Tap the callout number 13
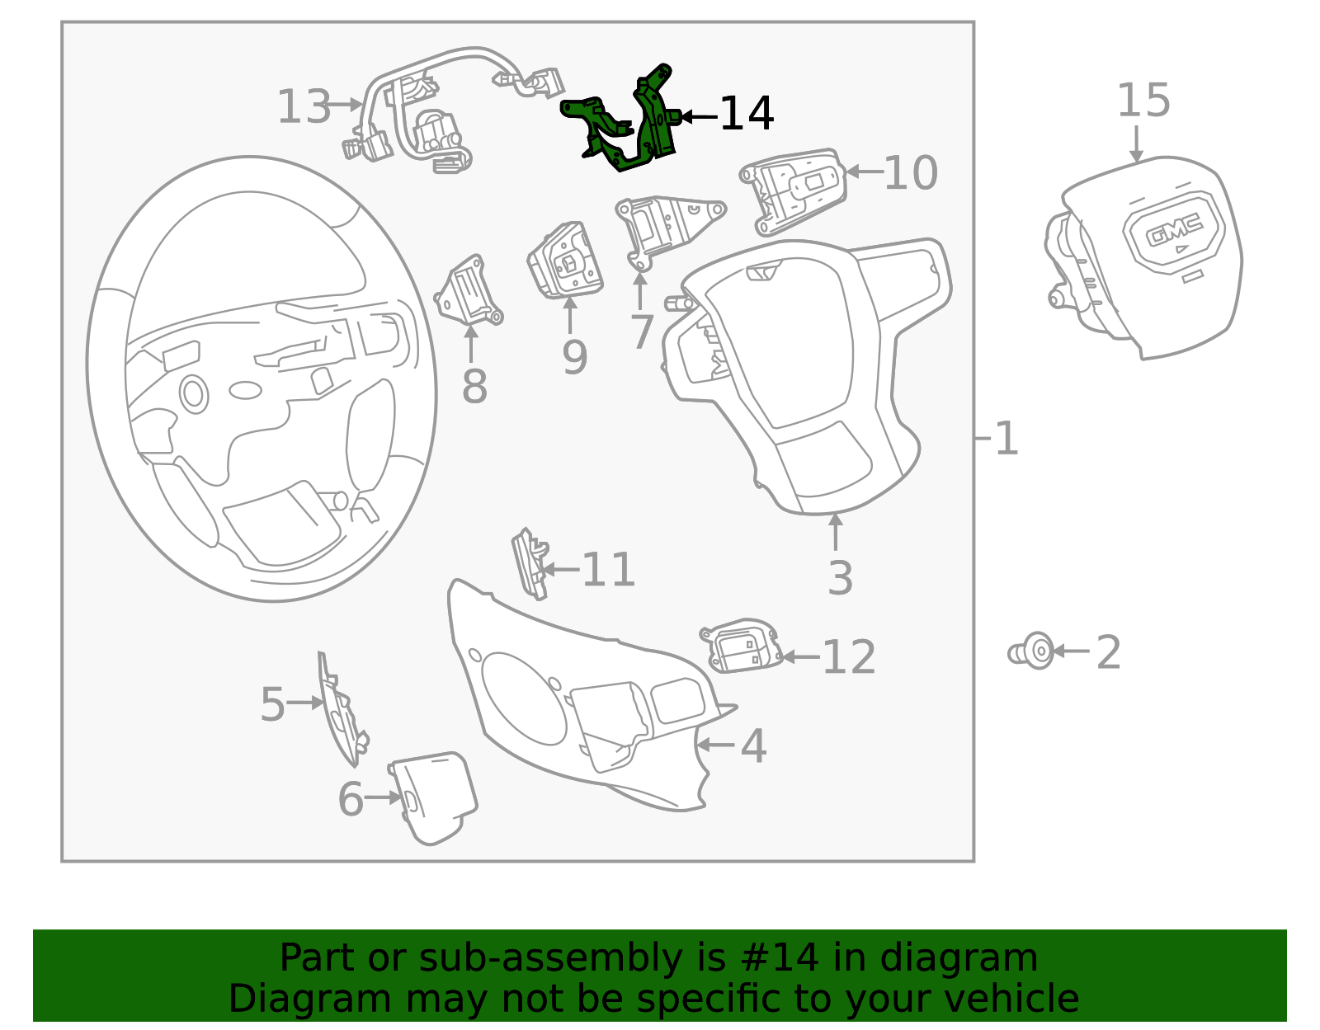pyautogui.click(x=303, y=107)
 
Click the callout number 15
pyautogui.click(x=1143, y=101)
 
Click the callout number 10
pyautogui.click(x=910, y=173)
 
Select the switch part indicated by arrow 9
pyautogui.click(x=567, y=261)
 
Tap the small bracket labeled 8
pyautogui.click(x=469, y=293)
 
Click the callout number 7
pyautogui.click(x=641, y=332)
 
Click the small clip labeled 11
pyautogui.click(x=528, y=565)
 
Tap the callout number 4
pyautogui.click(x=752, y=745)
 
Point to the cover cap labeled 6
pyautogui.click(x=433, y=796)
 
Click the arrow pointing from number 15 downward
pyautogui.click(x=1136, y=144)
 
